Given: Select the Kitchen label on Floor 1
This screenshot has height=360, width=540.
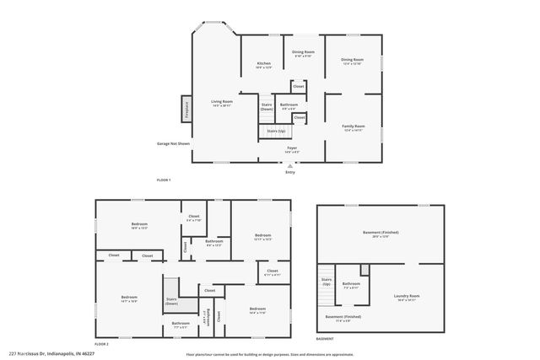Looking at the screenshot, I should [263, 64].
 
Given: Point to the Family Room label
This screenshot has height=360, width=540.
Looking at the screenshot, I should [354, 126].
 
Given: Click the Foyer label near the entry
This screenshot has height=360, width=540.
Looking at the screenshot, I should [291, 148].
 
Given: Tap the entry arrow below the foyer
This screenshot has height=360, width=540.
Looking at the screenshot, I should [290, 165].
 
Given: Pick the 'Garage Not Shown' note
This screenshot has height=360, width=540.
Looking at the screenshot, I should [173, 143].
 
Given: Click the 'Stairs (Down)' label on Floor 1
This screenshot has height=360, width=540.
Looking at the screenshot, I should [267, 107].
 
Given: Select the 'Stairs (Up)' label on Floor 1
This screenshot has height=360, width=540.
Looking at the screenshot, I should [275, 132].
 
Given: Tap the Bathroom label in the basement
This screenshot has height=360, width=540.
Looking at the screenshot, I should [352, 283].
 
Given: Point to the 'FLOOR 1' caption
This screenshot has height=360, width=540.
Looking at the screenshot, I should [164, 180].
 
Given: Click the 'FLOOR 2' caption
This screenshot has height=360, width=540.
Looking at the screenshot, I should [102, 344].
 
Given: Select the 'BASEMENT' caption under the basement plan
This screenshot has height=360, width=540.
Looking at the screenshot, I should [325, 338].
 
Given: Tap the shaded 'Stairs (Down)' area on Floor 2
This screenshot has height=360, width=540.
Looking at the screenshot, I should [171, 300].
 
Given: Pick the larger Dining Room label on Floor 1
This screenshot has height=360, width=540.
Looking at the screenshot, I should [353, 61].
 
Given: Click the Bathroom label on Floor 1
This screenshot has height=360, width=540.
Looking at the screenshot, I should [289, 105].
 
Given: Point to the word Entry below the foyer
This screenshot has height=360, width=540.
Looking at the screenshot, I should [290, 172].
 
